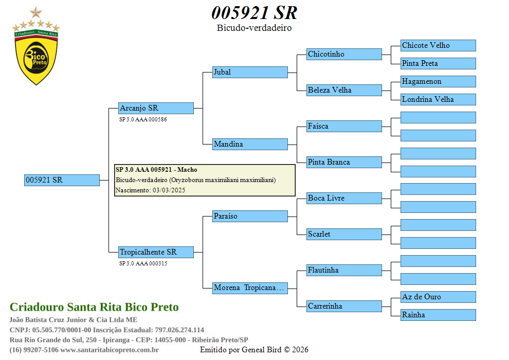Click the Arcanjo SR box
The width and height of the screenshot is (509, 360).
coord(156,108)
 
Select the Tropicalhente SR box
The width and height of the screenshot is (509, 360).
coord(156,252)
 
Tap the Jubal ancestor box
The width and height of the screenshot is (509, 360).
coord(250,72)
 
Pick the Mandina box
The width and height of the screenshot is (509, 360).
coord(250,144)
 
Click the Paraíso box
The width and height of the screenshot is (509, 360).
coord(250,216)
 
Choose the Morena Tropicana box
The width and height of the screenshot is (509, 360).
coord(250,288)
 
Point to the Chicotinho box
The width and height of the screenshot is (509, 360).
coord(344,54)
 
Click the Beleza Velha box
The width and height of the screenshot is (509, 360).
coord(344,90)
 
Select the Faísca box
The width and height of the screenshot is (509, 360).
coord(344,126)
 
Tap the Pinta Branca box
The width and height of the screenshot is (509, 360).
coord(344,162)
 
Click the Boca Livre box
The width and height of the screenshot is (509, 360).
coord(344,198)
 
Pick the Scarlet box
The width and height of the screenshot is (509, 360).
coord(344,234)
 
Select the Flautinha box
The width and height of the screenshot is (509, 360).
coord(344,270)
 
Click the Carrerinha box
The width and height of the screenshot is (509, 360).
coord(344,306)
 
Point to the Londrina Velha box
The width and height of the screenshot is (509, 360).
coord(438,99)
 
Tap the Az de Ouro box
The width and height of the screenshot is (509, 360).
coord(438,297)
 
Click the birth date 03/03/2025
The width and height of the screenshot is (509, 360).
coord(169,190)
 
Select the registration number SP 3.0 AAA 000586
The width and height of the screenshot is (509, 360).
coord(143,119)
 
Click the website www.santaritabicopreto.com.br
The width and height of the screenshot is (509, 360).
coord(110,350)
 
